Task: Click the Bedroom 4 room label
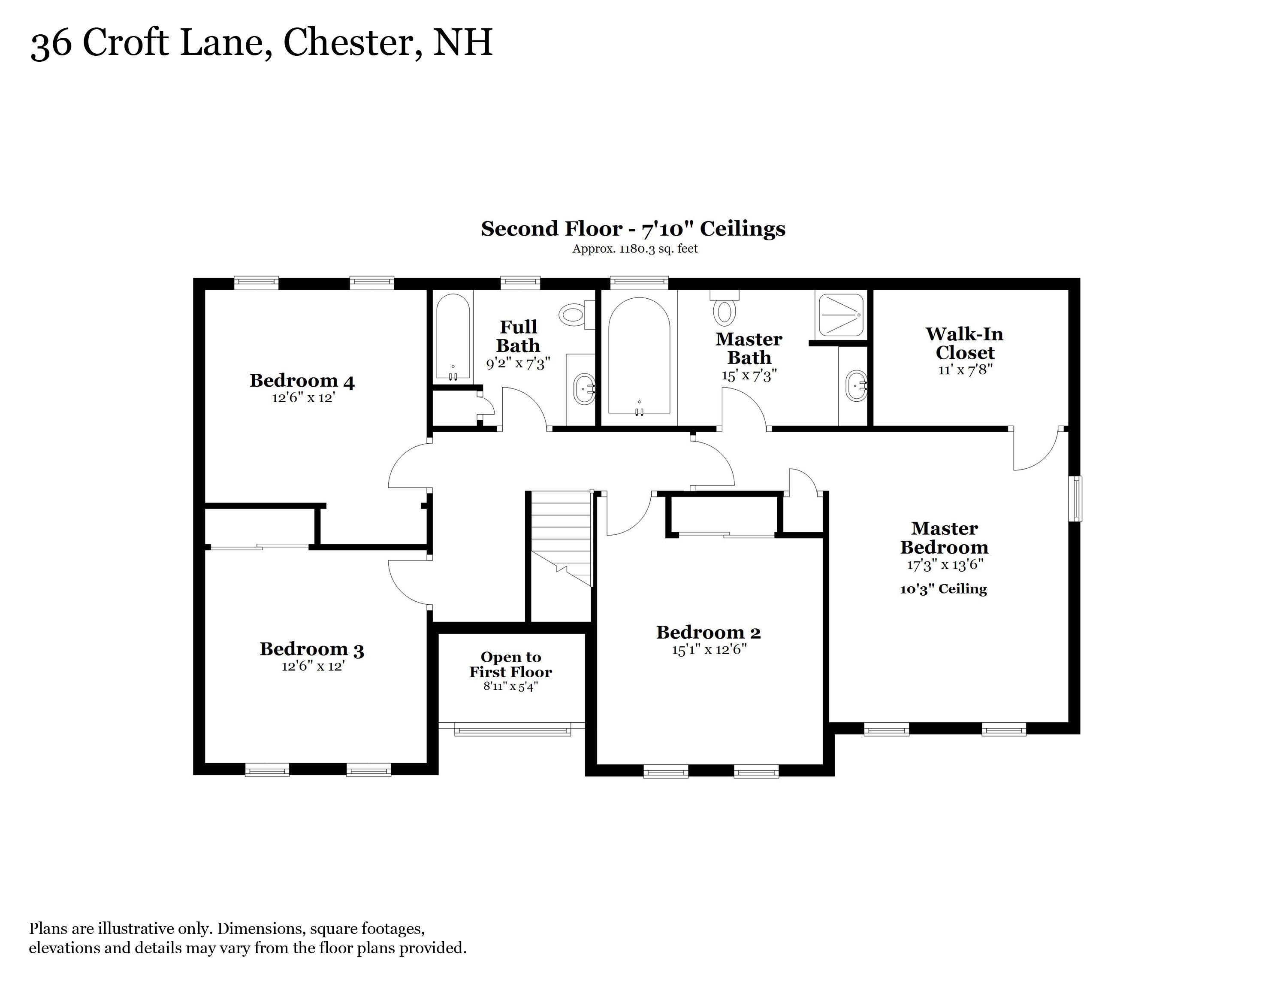(302, 380)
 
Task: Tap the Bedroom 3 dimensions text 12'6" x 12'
(313, 666)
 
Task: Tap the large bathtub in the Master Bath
(639, 356)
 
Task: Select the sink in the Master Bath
(856, 386)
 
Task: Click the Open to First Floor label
(511, 665)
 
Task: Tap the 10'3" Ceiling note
(943, 589)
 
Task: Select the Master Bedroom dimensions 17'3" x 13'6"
(945, 564)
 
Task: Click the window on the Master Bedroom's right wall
(1076, 498)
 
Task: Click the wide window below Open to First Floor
(512, 729)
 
